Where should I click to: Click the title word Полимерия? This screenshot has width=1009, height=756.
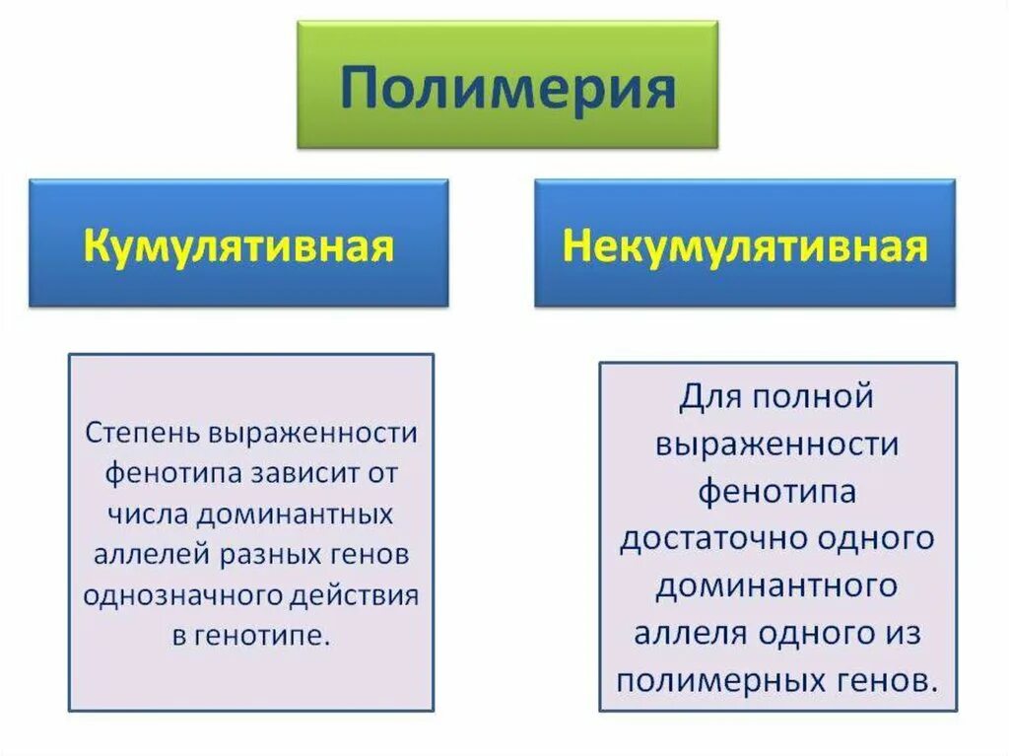click(507, 89)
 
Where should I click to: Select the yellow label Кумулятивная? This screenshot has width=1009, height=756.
click(238, 244)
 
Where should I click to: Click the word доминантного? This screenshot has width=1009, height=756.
click(777, 586)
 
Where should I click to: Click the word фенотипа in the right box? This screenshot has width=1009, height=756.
click(777, 492)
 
